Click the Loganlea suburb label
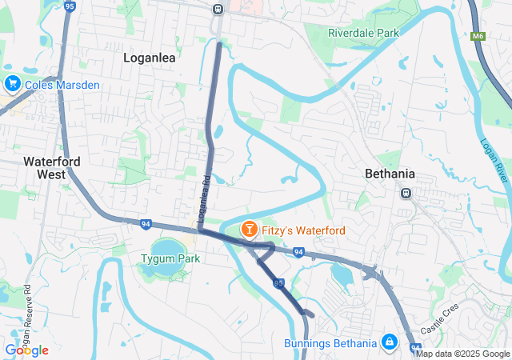coord(150,58)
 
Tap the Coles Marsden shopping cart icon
coord(12,83)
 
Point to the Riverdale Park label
coord(363,34)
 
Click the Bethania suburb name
coord(390,174)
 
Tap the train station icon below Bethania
coord(406,193)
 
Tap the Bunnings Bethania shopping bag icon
coord(390,342)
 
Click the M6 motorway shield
coord(478,36)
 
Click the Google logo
coord(26,350)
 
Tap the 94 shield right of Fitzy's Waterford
coord(298,253)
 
